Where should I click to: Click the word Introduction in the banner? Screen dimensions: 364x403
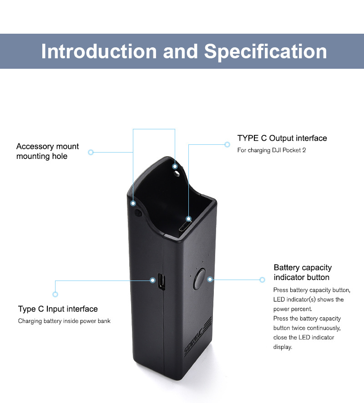coord(99,51)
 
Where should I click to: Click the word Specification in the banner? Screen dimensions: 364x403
coord(265,51)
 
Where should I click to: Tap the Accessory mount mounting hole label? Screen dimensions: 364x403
coord(47,151)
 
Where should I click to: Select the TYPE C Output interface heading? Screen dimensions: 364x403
coord(282,138)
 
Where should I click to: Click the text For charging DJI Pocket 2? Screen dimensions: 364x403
coord(271,150)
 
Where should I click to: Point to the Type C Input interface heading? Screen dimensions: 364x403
coord(58,309)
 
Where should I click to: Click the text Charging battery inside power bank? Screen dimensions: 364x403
coord(64,321)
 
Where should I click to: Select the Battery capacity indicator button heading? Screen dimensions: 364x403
coord(303,272)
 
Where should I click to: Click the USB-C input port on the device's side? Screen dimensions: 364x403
coord(161,282)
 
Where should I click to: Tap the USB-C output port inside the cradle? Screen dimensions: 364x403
coord(185,227)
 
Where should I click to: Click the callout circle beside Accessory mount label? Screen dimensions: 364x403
coord(91,152)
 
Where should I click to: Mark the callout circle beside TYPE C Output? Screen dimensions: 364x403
coord(227,144)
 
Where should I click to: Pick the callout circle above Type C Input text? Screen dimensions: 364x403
coord(56,294)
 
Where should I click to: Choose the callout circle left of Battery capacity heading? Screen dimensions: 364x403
coord(262,280)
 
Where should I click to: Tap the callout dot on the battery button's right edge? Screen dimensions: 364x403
coord(210,279)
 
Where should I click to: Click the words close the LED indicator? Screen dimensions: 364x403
coord(303,337)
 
